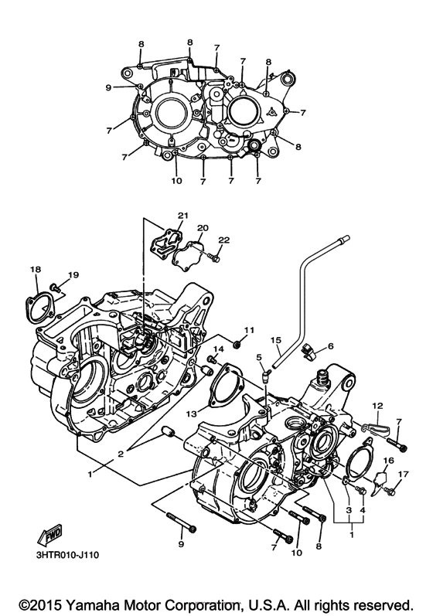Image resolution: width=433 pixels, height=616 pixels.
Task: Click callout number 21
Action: [x=182, y=216]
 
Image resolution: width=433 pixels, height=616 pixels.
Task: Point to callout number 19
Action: [x=73, y=275]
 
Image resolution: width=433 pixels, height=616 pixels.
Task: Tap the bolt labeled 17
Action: [x=394, y=487]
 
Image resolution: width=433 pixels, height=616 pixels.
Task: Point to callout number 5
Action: [x=261, y=357]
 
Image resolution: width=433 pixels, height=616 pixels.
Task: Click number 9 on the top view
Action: [x=108, y=87]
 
